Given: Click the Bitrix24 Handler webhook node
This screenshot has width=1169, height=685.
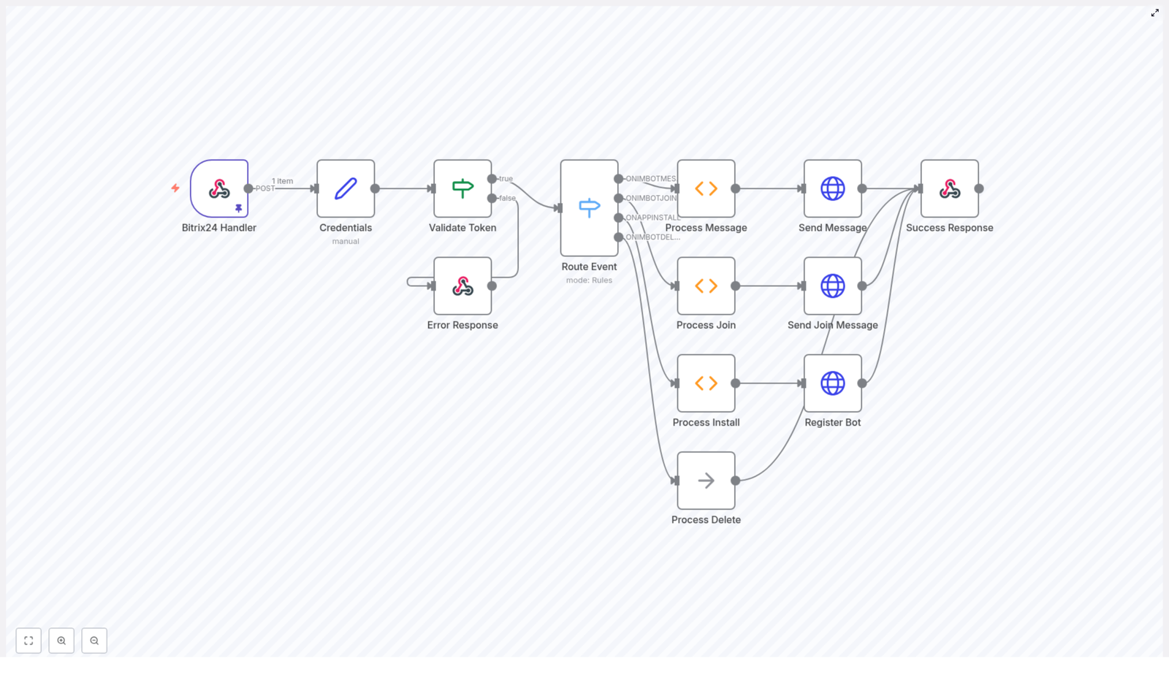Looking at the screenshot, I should coord(218,188).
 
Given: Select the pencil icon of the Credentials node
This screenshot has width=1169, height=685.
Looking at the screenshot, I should coord(346,188).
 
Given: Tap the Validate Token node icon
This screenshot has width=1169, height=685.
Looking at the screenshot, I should coord(462,188).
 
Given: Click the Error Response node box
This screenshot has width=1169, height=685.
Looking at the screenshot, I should coord(462,286).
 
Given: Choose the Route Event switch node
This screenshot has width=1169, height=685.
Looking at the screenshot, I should coord(589,208).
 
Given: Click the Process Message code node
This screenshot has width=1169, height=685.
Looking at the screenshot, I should coord(706,188).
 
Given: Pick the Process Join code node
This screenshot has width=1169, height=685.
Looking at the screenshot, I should coord(706,286).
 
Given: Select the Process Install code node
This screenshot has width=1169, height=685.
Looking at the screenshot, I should coord(706,383).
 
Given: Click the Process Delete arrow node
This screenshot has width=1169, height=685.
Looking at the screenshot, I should coord(706,481).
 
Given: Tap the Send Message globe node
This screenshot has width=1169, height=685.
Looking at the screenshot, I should coord(832,188).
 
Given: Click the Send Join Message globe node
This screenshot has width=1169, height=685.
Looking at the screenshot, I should coord(832,286).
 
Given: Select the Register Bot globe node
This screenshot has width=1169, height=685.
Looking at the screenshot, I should coord(832,383).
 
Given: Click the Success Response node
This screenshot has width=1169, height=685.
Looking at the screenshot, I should coord(949,188).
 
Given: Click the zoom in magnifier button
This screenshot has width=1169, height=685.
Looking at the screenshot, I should coord(61,640).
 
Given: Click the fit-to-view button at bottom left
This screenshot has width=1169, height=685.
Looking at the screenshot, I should coord(28,640).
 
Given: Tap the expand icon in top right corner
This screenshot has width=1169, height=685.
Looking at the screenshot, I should coord(1155,13).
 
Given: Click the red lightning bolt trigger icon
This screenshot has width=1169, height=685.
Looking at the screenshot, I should coord(175,188).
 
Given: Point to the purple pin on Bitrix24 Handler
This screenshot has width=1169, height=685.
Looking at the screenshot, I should coord(238,208).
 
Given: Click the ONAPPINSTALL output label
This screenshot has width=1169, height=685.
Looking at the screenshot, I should coord(652,218).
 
